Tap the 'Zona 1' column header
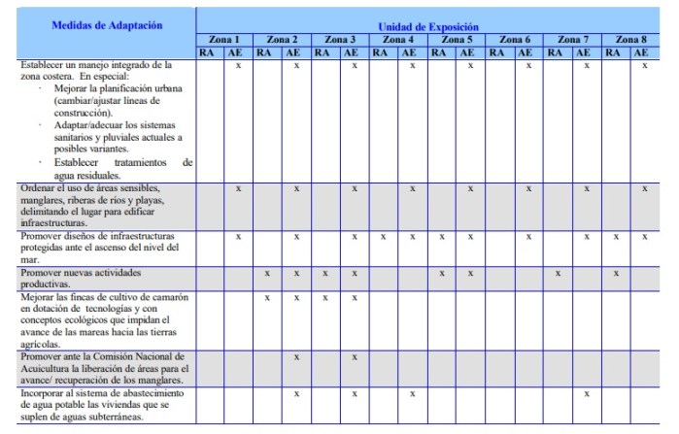[x=224, y=40]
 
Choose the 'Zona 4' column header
[x=398, y=40]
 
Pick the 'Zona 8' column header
[x=630, y=40]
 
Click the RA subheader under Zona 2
[x=265, y=52]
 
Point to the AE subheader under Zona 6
[x=527, y=52]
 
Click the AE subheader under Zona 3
[x=354, y=52]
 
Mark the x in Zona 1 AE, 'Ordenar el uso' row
[x=238, y=187]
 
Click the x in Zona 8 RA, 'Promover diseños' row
[x=615, y=236]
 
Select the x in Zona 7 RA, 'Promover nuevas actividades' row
[x=558, y=273]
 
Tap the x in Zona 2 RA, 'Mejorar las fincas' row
[x=267, y=297]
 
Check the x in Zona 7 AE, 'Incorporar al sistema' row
[x=586, y=394]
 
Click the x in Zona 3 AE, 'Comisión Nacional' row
[x=355, y=357]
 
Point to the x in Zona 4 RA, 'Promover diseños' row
[x=383, y=236]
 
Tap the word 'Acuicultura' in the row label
[x=47, y=369]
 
